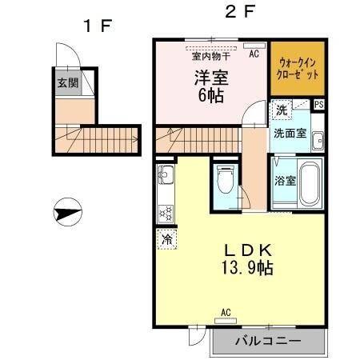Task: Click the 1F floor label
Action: click(96, 25)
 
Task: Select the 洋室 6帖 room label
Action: click(209, 86)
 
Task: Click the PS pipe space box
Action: click(319, 104)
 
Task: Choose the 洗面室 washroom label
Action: click(290, 133)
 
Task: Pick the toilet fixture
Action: click(225, 181)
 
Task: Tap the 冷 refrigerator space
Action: click(167, 238)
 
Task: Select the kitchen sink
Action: click(166, 175)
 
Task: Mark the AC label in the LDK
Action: click(226, 311)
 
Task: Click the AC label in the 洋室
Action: click(254, 54)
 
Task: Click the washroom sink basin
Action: click(317, 139)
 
